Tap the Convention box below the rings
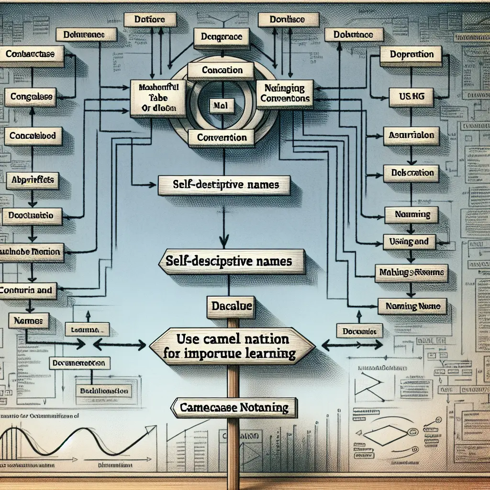coord(222,137)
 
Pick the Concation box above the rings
coord(222,70)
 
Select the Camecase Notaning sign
coord(234,408)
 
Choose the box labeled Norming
coord(412,215)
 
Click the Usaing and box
coord(409,242)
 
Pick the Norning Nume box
coord(412,305)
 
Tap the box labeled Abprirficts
coord(32,180)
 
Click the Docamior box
coord(359,330)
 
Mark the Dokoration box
coord(412,173)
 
